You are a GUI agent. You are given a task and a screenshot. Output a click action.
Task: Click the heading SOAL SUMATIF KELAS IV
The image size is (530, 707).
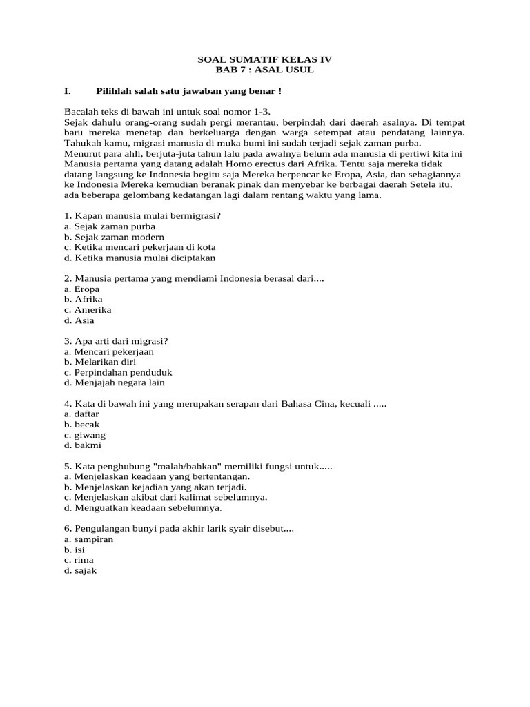[x=265, y=60]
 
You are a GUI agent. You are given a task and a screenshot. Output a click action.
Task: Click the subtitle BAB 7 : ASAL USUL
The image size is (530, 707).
[x=265, y=70]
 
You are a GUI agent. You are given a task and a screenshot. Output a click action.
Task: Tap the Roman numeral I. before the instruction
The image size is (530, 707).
[x=68, y=91]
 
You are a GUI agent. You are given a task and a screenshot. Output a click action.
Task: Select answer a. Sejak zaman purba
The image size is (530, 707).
[x=109, y=226]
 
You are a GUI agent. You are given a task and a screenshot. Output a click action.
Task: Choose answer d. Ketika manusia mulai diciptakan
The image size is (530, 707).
[x=139, y=258]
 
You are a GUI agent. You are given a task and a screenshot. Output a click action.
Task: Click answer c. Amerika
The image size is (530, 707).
[x=87, y=310]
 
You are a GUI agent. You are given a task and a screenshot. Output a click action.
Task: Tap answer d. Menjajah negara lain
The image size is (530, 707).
[x=114, y=382]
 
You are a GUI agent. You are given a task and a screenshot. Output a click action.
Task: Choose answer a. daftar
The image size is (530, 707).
[x=81, y=414]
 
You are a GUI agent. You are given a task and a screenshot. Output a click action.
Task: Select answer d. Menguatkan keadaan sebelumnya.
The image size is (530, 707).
[x=143, y=507]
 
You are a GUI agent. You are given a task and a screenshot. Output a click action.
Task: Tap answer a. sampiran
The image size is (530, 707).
[x=88, y=539]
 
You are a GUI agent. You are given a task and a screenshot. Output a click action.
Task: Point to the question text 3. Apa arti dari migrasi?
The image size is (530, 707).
[x=116, y=341]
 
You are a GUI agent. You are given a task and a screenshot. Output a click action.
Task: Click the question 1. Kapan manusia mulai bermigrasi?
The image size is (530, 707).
[x=142, y=216]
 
